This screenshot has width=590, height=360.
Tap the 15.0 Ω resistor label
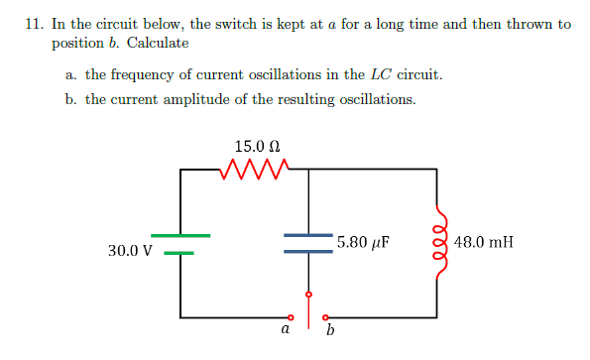point(255,145)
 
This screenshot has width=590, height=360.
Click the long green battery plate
point(180,235)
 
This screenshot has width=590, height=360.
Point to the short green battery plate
point(179,252)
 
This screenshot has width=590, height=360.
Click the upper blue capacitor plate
point(308,235)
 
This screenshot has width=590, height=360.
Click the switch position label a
point(286,330)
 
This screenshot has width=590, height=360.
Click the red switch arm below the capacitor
point(309,306)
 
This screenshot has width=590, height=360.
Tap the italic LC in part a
point(381,74)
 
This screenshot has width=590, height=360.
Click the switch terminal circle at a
point(291,317)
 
